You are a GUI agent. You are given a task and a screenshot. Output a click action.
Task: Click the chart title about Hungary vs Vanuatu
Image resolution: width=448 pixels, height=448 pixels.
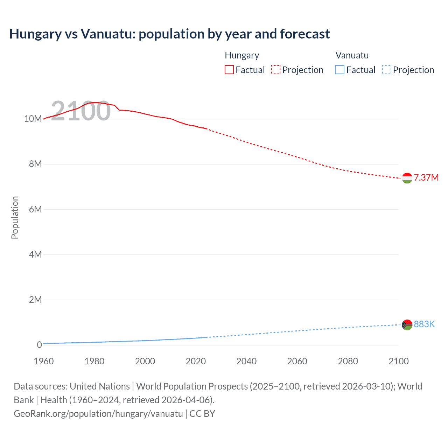coord(169,34)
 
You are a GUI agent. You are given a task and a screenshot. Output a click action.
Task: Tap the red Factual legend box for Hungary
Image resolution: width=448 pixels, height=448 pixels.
coord(229,70)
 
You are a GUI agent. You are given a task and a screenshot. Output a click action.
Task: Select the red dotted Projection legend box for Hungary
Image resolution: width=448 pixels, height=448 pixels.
coord(276,70)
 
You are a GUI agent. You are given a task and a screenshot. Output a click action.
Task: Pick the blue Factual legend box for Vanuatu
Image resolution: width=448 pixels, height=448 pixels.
coord(339,70)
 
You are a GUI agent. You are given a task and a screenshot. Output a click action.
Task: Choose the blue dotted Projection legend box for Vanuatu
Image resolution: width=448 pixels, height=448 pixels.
coord(386,70)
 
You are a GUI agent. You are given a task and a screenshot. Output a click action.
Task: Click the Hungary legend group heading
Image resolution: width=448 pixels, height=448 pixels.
coord(242,55)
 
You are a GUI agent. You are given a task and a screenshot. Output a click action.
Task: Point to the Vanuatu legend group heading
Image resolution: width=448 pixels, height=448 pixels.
coord(352,55)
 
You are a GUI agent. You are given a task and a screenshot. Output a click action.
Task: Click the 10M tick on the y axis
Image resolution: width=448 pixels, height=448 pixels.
coord(33,119)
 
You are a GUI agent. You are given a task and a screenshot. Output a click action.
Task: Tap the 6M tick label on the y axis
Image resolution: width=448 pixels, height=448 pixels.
coord(35,209)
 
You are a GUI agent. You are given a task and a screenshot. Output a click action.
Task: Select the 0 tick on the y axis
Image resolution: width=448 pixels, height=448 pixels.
coord(39,345)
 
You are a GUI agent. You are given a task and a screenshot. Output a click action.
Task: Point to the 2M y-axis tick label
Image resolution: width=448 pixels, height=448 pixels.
coord(35,300)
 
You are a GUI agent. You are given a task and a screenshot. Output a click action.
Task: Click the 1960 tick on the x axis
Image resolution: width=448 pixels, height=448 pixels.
coord(44,361)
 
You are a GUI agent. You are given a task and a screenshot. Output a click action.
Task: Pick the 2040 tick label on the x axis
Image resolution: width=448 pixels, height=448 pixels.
coord(246,361)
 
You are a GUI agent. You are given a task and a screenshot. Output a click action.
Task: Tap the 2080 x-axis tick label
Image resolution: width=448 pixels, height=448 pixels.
coord(348,361)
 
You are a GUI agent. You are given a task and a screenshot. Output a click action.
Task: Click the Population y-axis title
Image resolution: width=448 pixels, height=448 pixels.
coord(15,217)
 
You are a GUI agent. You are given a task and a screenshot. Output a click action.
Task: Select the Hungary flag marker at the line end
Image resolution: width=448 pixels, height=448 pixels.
coord(407,178)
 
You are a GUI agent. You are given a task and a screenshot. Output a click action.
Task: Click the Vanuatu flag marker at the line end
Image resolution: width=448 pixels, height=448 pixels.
coord(407,325)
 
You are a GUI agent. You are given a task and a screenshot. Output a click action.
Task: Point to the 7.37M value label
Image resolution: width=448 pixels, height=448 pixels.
coord(426,177)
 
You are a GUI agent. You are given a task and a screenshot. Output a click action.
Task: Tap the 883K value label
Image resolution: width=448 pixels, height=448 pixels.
coord(424,324)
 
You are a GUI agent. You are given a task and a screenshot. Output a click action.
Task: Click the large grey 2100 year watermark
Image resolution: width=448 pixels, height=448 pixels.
coord(81,111)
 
